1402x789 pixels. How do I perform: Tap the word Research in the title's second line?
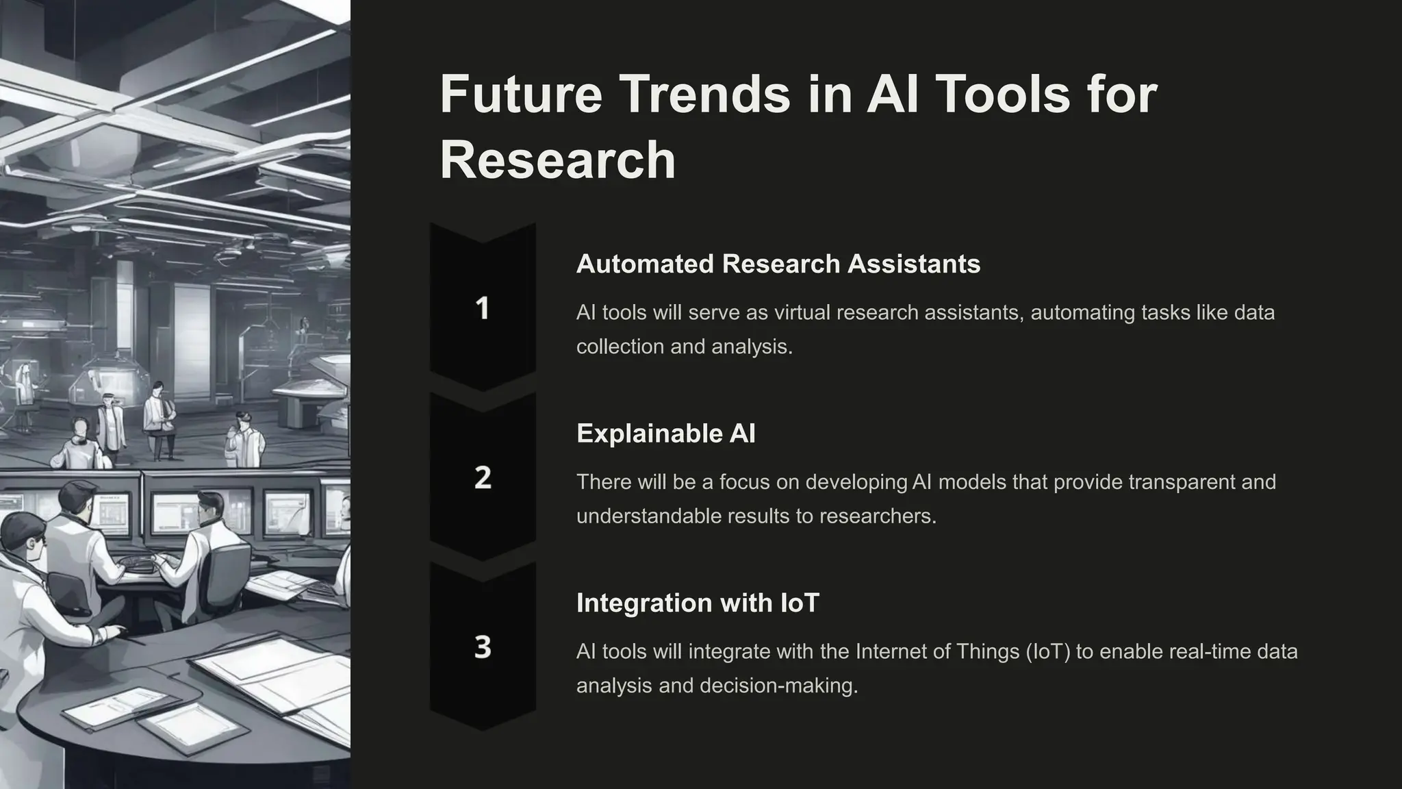coord(557,160)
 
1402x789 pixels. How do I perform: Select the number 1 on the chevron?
coord(482,308)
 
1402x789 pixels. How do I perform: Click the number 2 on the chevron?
coord(483,477)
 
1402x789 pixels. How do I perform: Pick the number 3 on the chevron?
coord(483,647)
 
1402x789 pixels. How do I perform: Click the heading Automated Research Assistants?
coord(778,264)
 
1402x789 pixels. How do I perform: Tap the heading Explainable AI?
coord(665,434)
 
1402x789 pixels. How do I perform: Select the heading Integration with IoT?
coord(697,603)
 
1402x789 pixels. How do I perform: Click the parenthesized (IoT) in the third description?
coord(1048,651)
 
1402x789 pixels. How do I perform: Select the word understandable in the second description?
coord(648,516)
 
